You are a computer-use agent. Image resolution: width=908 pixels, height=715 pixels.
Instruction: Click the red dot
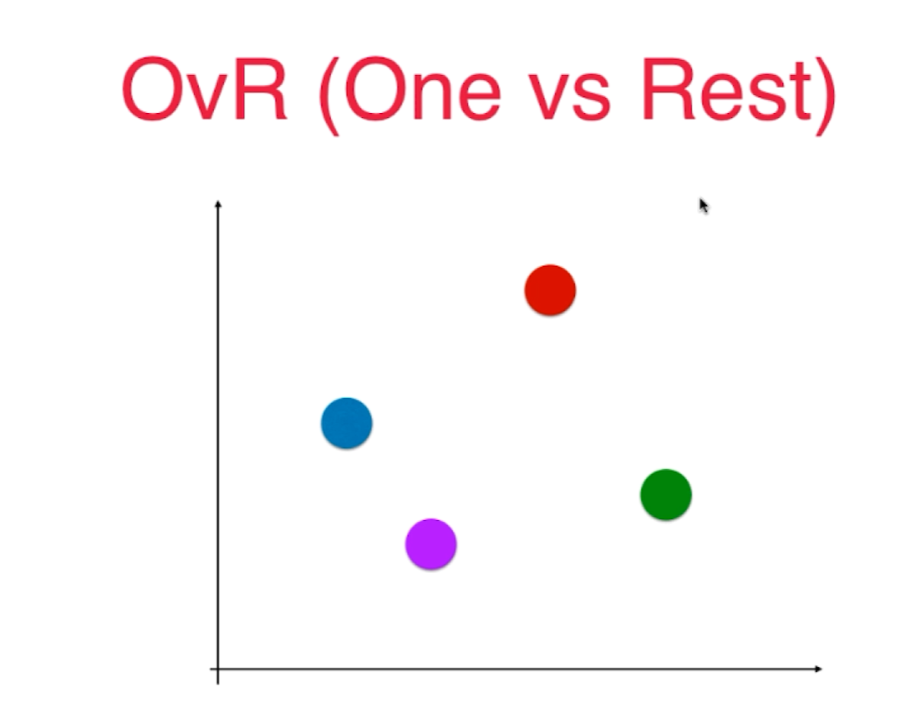click(550, 290)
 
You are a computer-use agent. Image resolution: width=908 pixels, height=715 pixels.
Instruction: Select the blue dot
click(346, 423)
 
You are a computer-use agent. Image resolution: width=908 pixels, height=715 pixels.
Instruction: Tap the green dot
click(666, 495)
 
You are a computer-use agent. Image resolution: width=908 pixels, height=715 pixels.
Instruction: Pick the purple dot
click(430, 543)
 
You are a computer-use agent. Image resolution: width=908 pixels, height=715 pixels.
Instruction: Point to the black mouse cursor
click(703, 205)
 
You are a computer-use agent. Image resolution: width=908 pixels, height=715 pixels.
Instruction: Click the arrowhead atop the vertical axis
click(218, 204)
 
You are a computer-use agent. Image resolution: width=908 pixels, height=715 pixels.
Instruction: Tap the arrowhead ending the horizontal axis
click(817, 669)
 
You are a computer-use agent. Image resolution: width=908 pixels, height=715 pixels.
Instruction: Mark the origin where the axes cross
click(218, 669)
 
